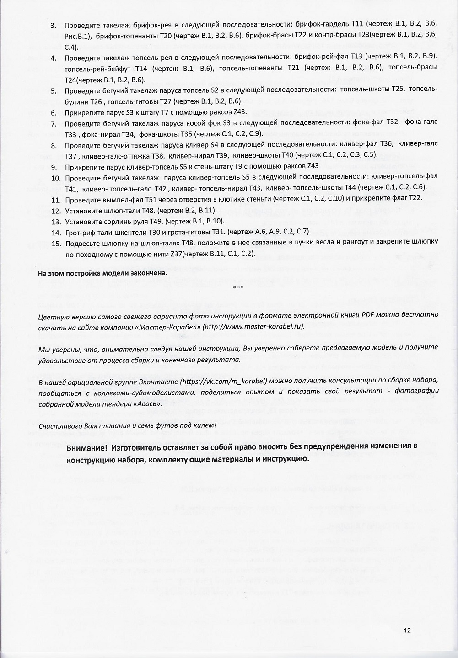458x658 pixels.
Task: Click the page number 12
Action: (407, 631)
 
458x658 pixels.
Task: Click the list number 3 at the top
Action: (53, 25)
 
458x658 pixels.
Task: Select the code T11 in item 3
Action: (357, 25)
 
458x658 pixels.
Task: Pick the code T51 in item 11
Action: (151, 199)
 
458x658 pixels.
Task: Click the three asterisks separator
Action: (238, 288)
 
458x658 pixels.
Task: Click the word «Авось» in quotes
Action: (147, 404)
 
